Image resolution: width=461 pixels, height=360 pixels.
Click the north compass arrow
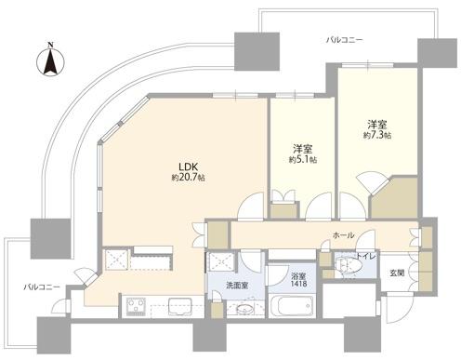[x=49, y=65]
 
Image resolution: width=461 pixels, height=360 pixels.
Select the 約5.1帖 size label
[x=302, y=160]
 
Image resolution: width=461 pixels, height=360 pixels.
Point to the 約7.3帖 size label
[x=375, y=136]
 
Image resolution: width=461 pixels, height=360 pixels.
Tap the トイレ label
[x=365, y=255]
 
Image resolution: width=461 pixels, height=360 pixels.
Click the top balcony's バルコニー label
[x=345, y=40]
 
